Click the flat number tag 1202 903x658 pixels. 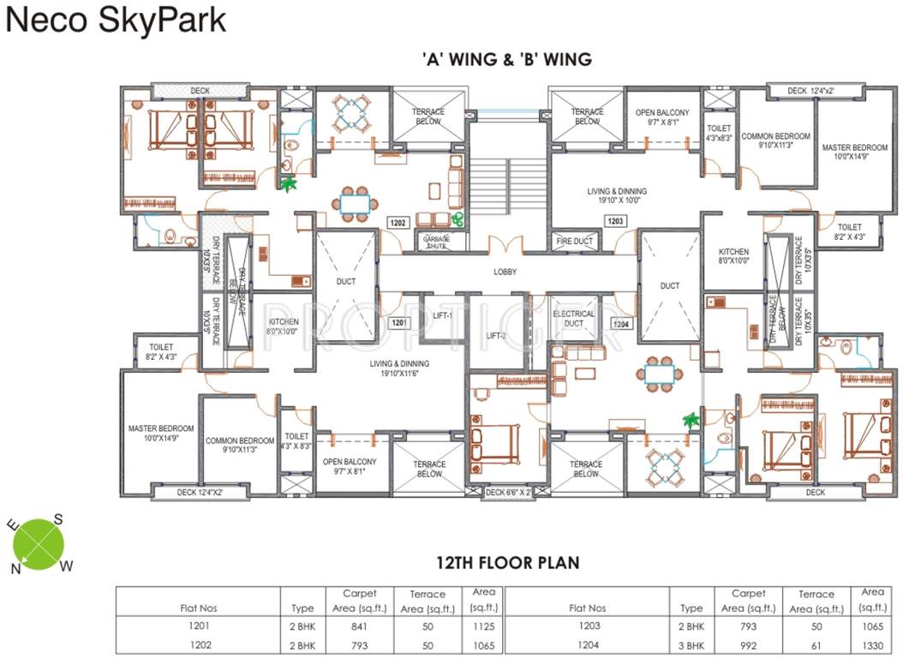point(397,222)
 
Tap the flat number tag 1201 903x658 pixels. point(397,323)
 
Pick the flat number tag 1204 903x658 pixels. point(620,324)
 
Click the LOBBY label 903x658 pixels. point(505,272)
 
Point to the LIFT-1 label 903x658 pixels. point(442,316)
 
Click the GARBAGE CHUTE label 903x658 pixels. point(436,242)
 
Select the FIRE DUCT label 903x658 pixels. point(574,242)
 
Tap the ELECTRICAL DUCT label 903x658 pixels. point(574,320)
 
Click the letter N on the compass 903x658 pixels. point(15,567)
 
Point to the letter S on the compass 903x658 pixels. point(58,518)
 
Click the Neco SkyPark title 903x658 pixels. point(117,20)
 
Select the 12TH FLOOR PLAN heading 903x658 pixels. point(507,563)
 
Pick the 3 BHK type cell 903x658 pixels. point(691,645)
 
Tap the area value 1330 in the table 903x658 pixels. point(872,645)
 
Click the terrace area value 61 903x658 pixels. point(815,645)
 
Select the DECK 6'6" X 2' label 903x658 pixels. point(508,493)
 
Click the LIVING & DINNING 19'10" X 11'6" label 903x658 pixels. point(399,369)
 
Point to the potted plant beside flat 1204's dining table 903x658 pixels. point(690,420)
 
